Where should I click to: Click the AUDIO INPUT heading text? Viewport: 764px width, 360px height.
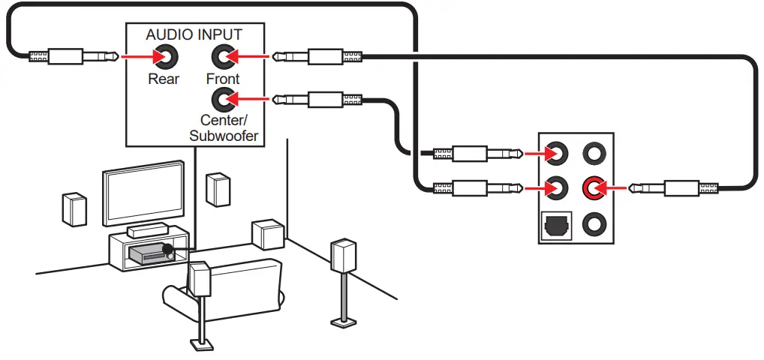pyautogui.click(x=194, y=34)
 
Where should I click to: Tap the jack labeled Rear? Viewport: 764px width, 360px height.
pyautogui.click(x=164, y=56)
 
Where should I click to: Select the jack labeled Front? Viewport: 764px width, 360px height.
pyautogui.click(x=222, y=56)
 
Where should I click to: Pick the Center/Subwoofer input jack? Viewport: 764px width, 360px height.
pyautogui.click(x=222, y=98)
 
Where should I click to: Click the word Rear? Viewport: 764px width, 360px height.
pyautogui.click(x=164, y=79)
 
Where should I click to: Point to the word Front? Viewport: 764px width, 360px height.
pyautogui.click(x=223, y=79)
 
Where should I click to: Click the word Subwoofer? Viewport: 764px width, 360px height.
pyautogui.click(x=224, y=136)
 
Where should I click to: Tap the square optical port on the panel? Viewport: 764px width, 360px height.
pyautogui.click(x=556, y=223)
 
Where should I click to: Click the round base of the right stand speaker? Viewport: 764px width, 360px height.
pyautogui.click(x=343, y=323)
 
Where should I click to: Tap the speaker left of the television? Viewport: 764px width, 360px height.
pyautogui.click(x=75, y=208)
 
